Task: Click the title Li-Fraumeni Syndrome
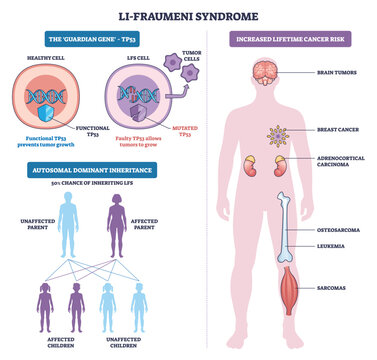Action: pos(188,15)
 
